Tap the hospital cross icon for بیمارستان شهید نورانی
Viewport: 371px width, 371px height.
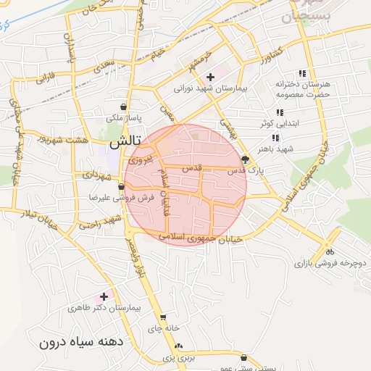tap(211, 78)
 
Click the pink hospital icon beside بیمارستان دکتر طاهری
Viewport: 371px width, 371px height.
tap(104, 296)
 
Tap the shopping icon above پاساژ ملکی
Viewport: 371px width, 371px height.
tap(129, 106)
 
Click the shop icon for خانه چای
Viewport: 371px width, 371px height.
tap(163, 317)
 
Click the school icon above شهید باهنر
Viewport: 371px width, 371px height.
tap(275, 138)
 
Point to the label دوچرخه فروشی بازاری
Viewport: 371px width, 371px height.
tap(331, 264)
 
